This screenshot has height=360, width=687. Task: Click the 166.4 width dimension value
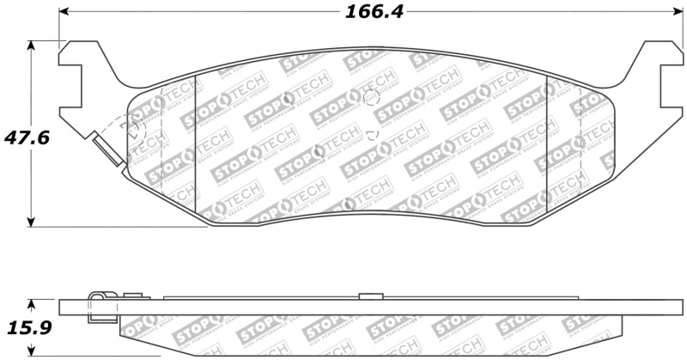(x=374, y=13)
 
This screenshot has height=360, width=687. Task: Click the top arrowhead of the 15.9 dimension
(x=32, y=304)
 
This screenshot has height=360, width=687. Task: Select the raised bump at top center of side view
(x=369, y=296)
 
